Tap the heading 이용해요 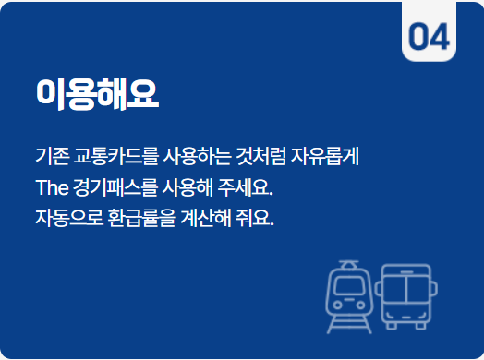point(96,91)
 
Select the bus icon point(405,295)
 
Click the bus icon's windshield point(405,288)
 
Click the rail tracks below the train point(347,323)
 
